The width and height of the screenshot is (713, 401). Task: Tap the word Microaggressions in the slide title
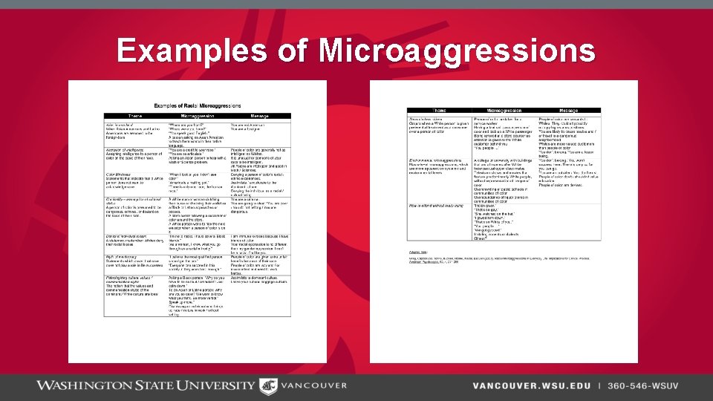click(x=457, y=51)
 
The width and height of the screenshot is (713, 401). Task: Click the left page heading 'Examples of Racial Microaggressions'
click(x=197, y=106)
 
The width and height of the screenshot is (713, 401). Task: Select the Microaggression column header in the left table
click(x=198, y=117)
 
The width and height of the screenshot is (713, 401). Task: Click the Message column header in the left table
click(x=258, y=117)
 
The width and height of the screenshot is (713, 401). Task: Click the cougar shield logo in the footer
click(x=267, y=385)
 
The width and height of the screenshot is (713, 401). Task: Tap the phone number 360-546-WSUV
click(x=642, y=385)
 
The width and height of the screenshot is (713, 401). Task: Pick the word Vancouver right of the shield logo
click(x=313, y=385)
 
